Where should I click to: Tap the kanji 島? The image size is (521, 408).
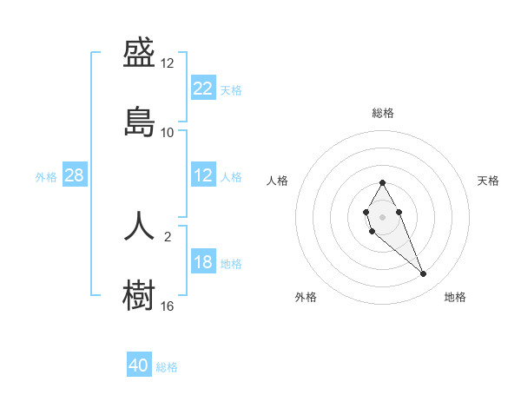(140, 121)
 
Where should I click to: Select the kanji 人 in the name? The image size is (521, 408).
(140, 226)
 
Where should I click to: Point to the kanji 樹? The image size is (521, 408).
(140, 293)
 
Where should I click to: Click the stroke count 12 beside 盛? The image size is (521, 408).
(168, 64)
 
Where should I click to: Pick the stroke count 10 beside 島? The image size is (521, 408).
(168, 132)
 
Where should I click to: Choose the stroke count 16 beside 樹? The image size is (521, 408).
(168, 306)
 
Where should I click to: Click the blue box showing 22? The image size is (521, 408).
(202, 89)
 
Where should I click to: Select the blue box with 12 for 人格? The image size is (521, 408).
(202, 176)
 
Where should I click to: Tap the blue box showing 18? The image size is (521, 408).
(202, 263)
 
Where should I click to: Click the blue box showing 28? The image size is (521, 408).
(75, 176)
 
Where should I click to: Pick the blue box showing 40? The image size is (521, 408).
(139, 366)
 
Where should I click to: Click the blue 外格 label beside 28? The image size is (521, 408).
(46, 177)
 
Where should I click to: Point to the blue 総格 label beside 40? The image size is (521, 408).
(168, 367)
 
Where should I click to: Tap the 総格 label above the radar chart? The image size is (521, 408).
(383, 113)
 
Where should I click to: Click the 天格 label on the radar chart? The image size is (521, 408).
(488, 181)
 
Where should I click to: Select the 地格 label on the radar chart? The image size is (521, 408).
(455, 297)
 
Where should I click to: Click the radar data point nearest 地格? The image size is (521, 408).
(424, 274)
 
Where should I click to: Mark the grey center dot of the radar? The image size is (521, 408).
(382, 215)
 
